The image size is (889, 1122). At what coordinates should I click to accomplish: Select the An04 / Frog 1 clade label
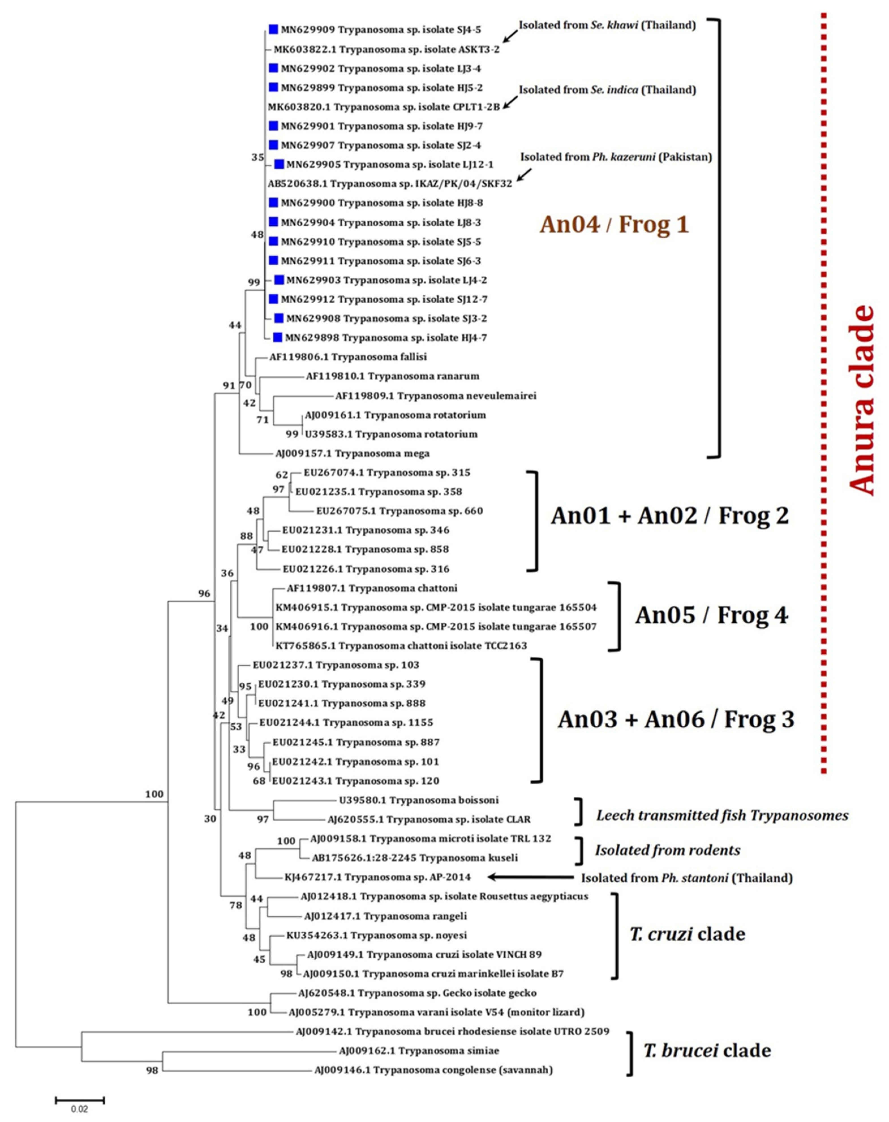[614, 224]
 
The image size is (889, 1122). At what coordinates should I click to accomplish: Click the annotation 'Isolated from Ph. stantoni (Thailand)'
[686, 878]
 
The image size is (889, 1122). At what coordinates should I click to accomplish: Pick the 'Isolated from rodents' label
[667, 850]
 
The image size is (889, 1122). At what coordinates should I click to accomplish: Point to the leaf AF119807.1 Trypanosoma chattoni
[372, 588]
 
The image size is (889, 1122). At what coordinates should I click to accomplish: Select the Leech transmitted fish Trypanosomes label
[722, 816]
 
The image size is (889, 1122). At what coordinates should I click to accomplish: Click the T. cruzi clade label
[687, 934]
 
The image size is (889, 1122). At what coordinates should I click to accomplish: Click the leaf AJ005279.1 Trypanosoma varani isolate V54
[436, 1012]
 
